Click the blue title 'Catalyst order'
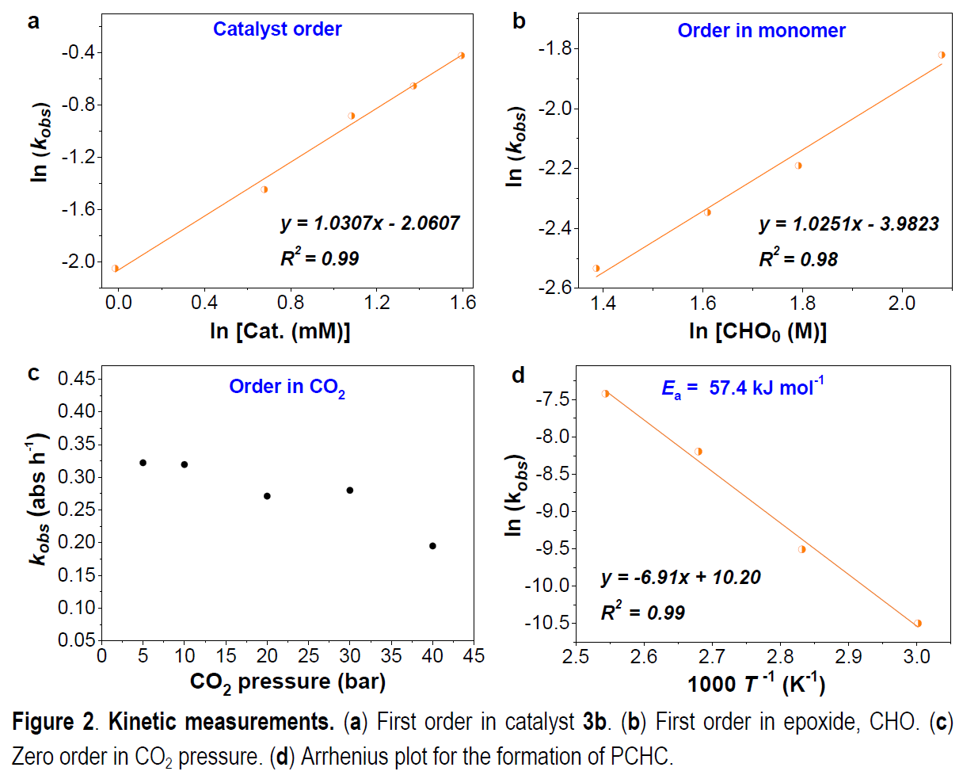(277, 30)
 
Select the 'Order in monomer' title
(761, 31)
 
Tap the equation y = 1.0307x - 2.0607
(370, 224)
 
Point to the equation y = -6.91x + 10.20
(680, 577)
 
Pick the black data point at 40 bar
(432, 546)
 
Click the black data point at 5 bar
(143, 463)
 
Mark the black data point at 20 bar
(267, 496)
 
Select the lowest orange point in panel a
(116, 269)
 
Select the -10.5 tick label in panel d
(542, 623)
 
